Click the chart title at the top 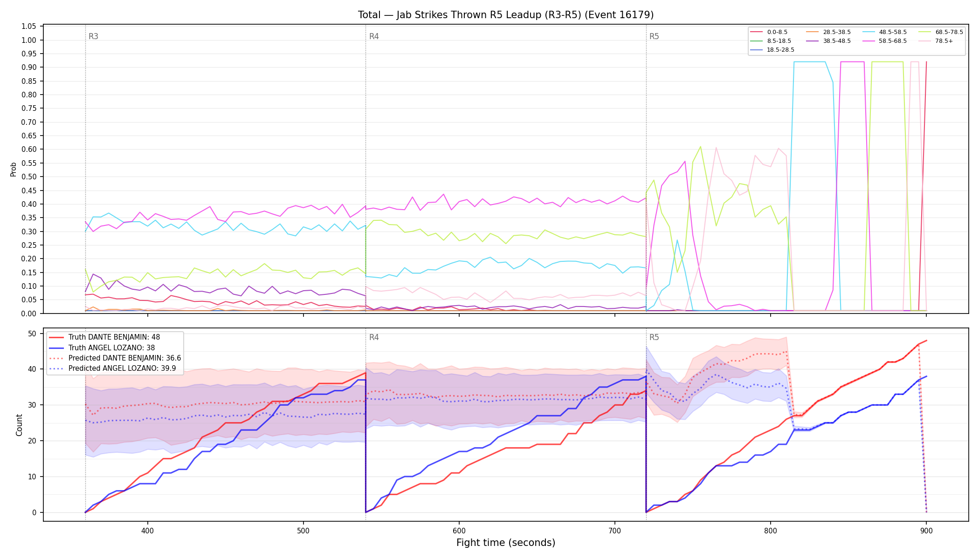pos(506,15)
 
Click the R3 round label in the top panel pos(93,36)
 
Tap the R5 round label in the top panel pos(654,36)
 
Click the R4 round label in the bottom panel pos(374,337)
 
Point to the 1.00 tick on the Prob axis pos(29,40)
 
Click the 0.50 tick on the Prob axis pos(29,177)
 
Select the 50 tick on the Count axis pos(32,334)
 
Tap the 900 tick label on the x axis pos(926,531)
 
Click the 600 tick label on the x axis pos(459,531)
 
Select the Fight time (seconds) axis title pos(506,543)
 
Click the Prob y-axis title pos(14,169)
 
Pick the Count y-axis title pos(19,425)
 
